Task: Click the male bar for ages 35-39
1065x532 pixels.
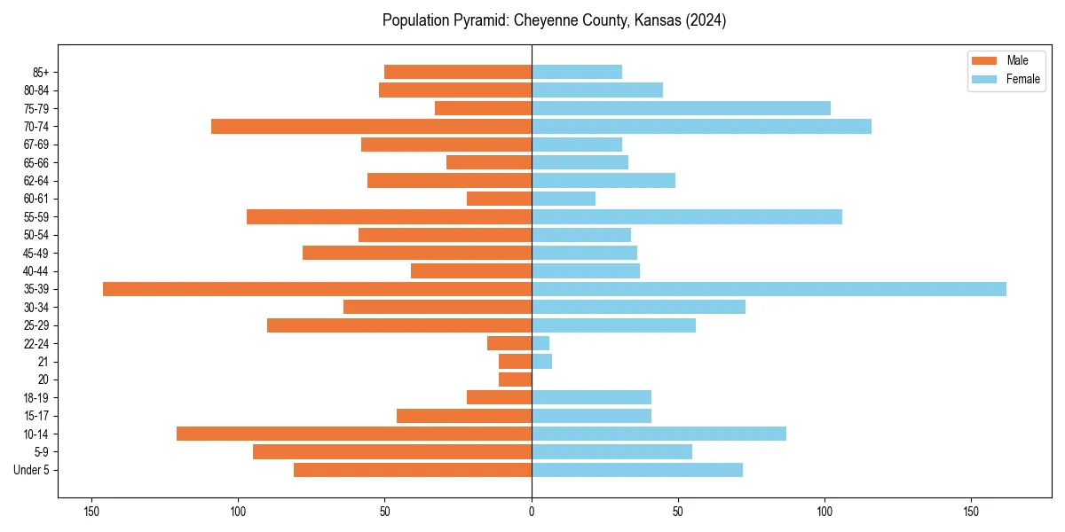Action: [x=317, y=289]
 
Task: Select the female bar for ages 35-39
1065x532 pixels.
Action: [x=769, y=289]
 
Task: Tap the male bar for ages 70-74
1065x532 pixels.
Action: [x=371, y=127]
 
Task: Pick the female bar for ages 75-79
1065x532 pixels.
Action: [x=681, y=108]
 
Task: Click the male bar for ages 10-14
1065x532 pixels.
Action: [x=354, y=434]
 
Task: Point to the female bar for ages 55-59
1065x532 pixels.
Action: [x=686, y=217]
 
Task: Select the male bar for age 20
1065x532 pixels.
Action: [x=516, y=379]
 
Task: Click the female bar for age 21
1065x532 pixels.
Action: [x=541, y=362]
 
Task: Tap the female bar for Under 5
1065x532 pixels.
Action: [x=636, y=470]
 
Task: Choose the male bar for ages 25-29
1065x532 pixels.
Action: [x=399, y=325]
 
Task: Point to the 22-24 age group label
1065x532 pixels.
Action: [x=35, y=344]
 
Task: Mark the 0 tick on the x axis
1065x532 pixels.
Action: [x=532, y=511]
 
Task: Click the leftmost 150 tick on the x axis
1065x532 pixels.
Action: [x=91, y=511]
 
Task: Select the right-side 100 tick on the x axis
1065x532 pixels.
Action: [x=824, y=511]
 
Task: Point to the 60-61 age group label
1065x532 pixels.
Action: [x=35, y=199]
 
